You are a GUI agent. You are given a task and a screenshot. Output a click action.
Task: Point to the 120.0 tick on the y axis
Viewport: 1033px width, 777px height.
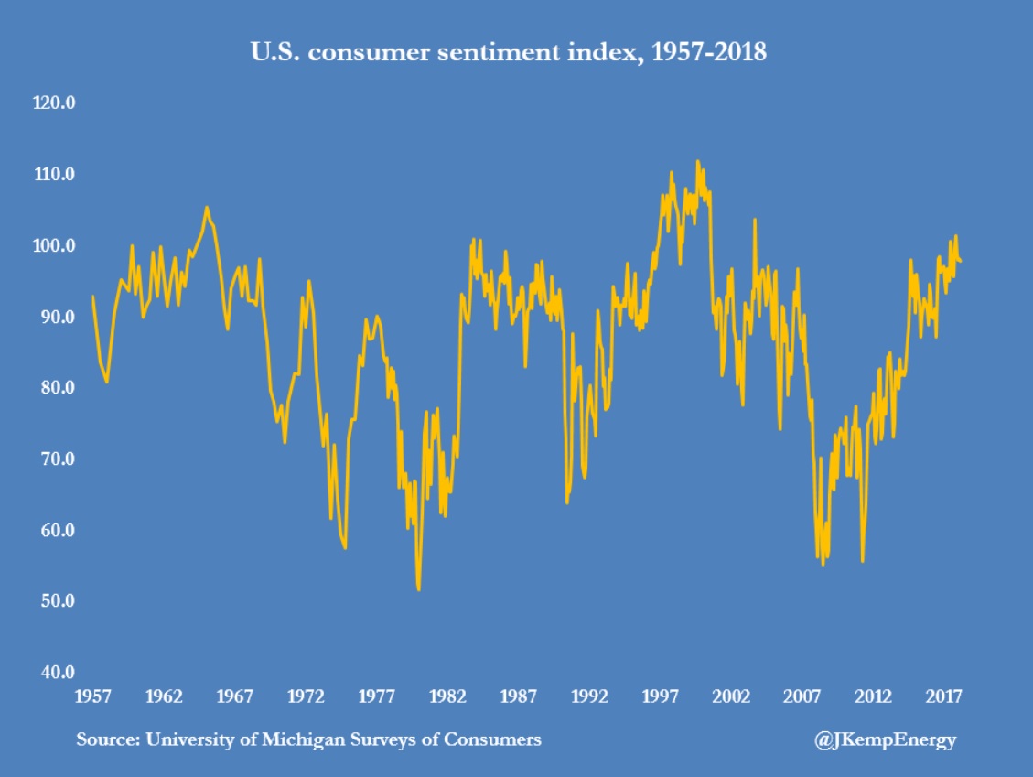[x=52, y=103]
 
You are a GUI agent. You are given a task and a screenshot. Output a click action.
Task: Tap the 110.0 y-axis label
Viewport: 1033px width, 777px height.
[x=52, y=175]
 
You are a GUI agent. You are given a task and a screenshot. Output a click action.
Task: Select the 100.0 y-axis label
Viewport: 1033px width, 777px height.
[x=52, y=246]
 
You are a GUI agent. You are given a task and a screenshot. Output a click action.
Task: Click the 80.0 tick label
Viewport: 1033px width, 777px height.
[x=54, y=388]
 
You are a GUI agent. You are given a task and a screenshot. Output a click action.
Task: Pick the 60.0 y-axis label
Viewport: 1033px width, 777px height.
[x=54, y=531]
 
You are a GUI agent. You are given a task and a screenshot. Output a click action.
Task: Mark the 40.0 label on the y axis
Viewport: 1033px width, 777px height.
[x=54, y=673]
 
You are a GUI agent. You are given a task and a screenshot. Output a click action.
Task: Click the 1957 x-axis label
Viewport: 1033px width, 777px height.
[x=93, y=696]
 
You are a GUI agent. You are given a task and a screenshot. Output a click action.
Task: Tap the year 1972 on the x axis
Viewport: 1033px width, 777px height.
[x=307, y=696]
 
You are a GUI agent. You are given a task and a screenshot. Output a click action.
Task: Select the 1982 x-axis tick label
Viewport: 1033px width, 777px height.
[x=448, y=696]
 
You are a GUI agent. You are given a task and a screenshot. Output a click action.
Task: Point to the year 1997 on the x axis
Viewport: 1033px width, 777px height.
[x=662, y=696]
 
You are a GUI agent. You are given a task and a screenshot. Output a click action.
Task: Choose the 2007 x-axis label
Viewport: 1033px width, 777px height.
[x=803, y=696]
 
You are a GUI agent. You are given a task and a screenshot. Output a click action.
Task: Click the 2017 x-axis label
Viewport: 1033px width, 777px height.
[x=945, y=696]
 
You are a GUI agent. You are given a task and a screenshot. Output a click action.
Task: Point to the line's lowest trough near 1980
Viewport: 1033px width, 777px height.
[x=419, y=589]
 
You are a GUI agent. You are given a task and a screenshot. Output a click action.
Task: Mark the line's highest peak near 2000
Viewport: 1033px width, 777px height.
[x=697, y=162]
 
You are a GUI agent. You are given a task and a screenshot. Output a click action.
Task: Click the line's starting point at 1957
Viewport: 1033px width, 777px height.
[x=93, y=297]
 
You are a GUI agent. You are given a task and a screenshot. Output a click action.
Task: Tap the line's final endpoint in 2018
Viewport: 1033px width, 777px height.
[x=961, y=263]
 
